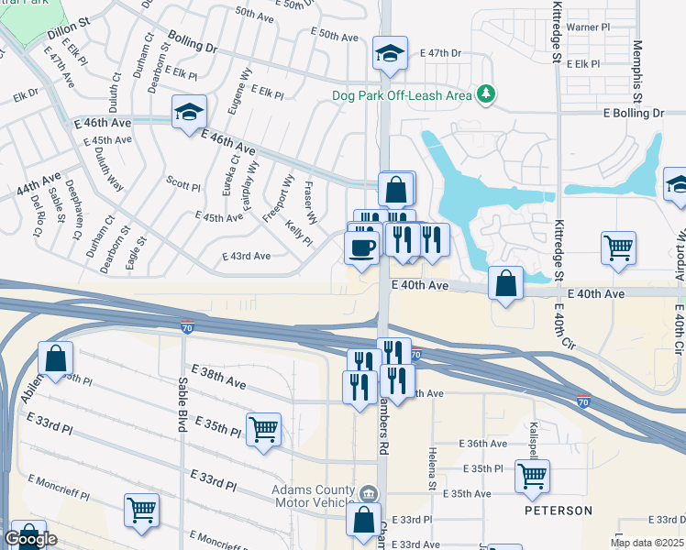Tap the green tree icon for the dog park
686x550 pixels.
(484, 94)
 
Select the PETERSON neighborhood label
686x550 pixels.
(558, 510)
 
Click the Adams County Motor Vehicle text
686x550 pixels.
(313, 496)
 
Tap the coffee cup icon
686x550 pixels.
(361, 247)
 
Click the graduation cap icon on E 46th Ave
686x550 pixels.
(190, 112)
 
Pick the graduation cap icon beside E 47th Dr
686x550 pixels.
(390, 56)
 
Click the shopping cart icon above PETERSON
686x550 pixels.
(532, 475)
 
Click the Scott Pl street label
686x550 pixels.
(183, 186)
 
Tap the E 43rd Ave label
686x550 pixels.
(247, 257)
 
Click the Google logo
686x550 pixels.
(30, 540)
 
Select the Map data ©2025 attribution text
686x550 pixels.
(647, 543)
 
